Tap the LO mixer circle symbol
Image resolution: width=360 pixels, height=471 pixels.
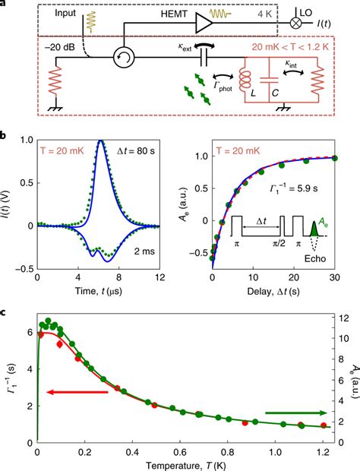304,24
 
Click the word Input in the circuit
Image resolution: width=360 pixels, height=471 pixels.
55,12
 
